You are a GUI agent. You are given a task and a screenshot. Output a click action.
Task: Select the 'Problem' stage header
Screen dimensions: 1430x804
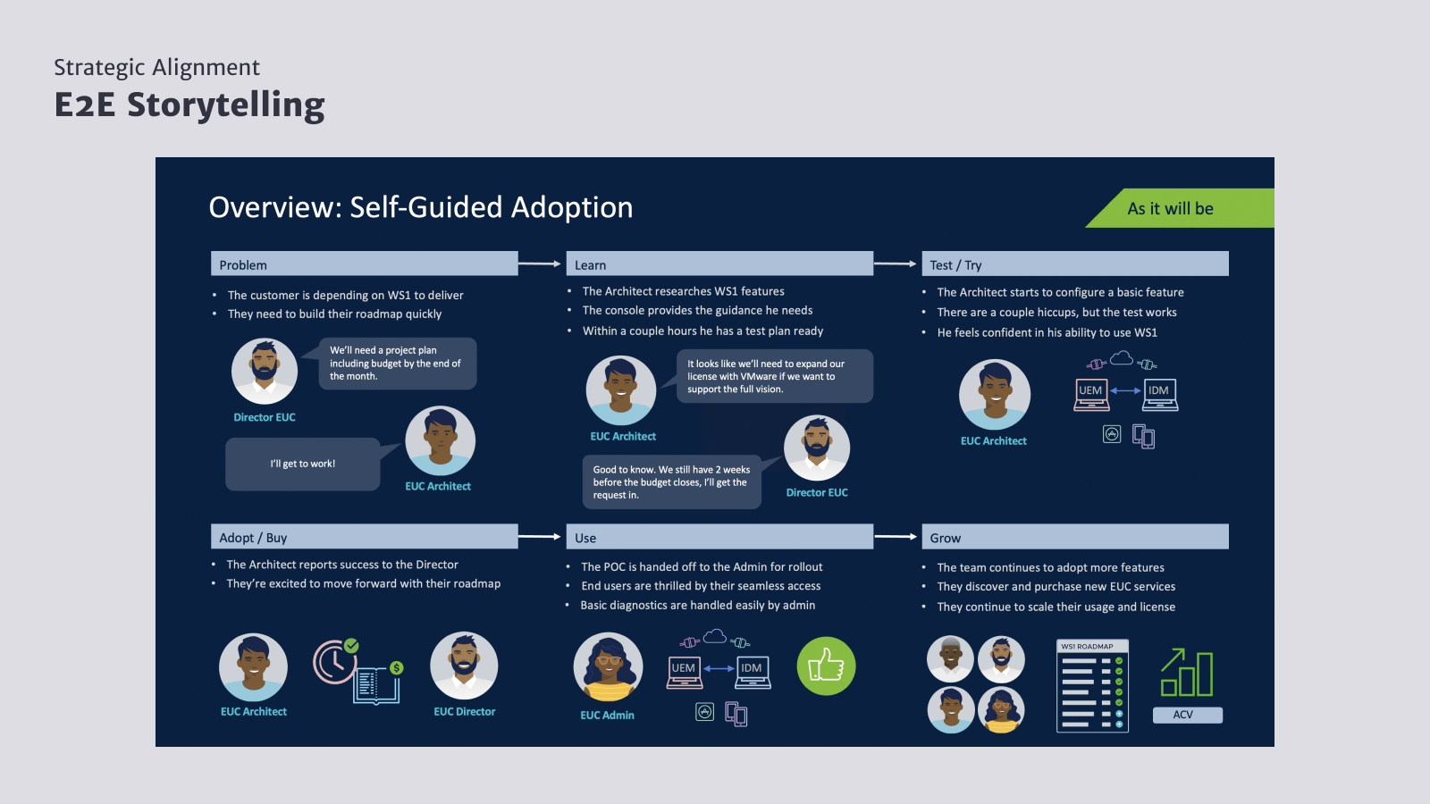(364, 264)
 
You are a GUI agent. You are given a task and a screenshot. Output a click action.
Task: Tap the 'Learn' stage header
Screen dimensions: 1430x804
(719, 264)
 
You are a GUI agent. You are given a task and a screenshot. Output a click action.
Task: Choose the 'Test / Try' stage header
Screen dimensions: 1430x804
(1075, 264)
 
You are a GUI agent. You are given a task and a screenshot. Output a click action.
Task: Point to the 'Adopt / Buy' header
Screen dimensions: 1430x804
(364, 537)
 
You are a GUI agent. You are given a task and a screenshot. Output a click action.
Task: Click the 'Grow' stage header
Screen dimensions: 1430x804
(1075, 537)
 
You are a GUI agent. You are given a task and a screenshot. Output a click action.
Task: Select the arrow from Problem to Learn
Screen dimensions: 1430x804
(540, 263)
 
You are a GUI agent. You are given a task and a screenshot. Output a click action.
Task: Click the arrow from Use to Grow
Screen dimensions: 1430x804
(895, 537)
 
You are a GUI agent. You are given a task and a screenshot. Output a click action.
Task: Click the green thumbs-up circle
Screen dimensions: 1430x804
(826, 666)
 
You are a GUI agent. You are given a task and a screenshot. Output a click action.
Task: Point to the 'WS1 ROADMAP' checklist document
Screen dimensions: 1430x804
(1092, 686)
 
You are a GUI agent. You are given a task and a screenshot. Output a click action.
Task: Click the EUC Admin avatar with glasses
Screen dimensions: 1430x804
(608, 666)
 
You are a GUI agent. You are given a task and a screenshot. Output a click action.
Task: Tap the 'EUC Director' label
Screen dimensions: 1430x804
(464, 711)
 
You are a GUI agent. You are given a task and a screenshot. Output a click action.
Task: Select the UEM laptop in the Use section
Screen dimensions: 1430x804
(685, 673)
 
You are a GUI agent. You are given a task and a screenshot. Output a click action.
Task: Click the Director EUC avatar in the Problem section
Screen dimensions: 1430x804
(265, 372)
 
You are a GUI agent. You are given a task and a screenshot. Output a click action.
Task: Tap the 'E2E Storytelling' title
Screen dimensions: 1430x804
(189, 105)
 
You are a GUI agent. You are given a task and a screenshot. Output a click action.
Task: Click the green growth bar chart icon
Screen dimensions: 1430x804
(1187, 673)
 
